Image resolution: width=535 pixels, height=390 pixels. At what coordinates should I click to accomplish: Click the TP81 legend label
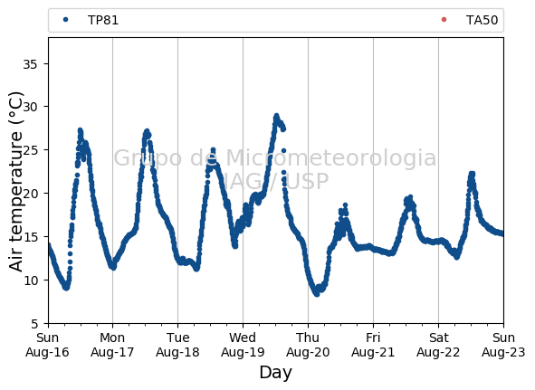[103, 20]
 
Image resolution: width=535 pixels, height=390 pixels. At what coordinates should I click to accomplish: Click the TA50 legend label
[482, 20]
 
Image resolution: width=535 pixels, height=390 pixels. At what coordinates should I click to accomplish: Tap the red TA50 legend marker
[444, 19]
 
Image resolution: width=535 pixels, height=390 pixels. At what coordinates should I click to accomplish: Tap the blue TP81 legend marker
[66, 20]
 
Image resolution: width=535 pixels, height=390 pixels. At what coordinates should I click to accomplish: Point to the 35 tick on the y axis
[30, 64]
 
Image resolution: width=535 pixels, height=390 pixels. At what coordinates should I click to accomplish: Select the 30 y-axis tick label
[30, 107]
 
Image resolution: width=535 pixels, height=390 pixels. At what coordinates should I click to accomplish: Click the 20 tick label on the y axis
[30, 194]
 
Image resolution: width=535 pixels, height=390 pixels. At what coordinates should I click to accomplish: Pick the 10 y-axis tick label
[30, 281]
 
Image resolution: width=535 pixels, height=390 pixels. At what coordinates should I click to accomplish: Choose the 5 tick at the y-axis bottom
[34, 323]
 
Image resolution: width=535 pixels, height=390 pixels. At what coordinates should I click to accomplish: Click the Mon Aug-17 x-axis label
[112, 345]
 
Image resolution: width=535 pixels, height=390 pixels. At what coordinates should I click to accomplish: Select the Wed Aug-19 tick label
[243, 345]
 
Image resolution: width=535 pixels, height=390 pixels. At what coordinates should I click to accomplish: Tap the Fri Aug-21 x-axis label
[373, 345]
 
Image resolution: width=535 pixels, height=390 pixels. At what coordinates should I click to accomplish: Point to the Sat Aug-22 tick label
[438, 345]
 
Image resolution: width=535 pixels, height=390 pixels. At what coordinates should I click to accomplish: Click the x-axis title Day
[276, 373]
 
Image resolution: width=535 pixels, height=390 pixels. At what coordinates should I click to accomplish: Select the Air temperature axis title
[15, 182]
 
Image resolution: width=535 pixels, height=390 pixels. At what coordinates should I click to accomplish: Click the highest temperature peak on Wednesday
[276, 116]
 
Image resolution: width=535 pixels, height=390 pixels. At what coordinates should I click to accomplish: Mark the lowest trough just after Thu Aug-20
[317, 294]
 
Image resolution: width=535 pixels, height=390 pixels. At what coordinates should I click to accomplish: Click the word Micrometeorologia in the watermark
[331, 158]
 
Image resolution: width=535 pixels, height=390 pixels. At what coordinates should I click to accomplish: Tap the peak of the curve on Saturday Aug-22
[472, 174]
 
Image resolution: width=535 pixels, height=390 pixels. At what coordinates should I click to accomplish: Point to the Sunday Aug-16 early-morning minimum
[66, 288]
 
